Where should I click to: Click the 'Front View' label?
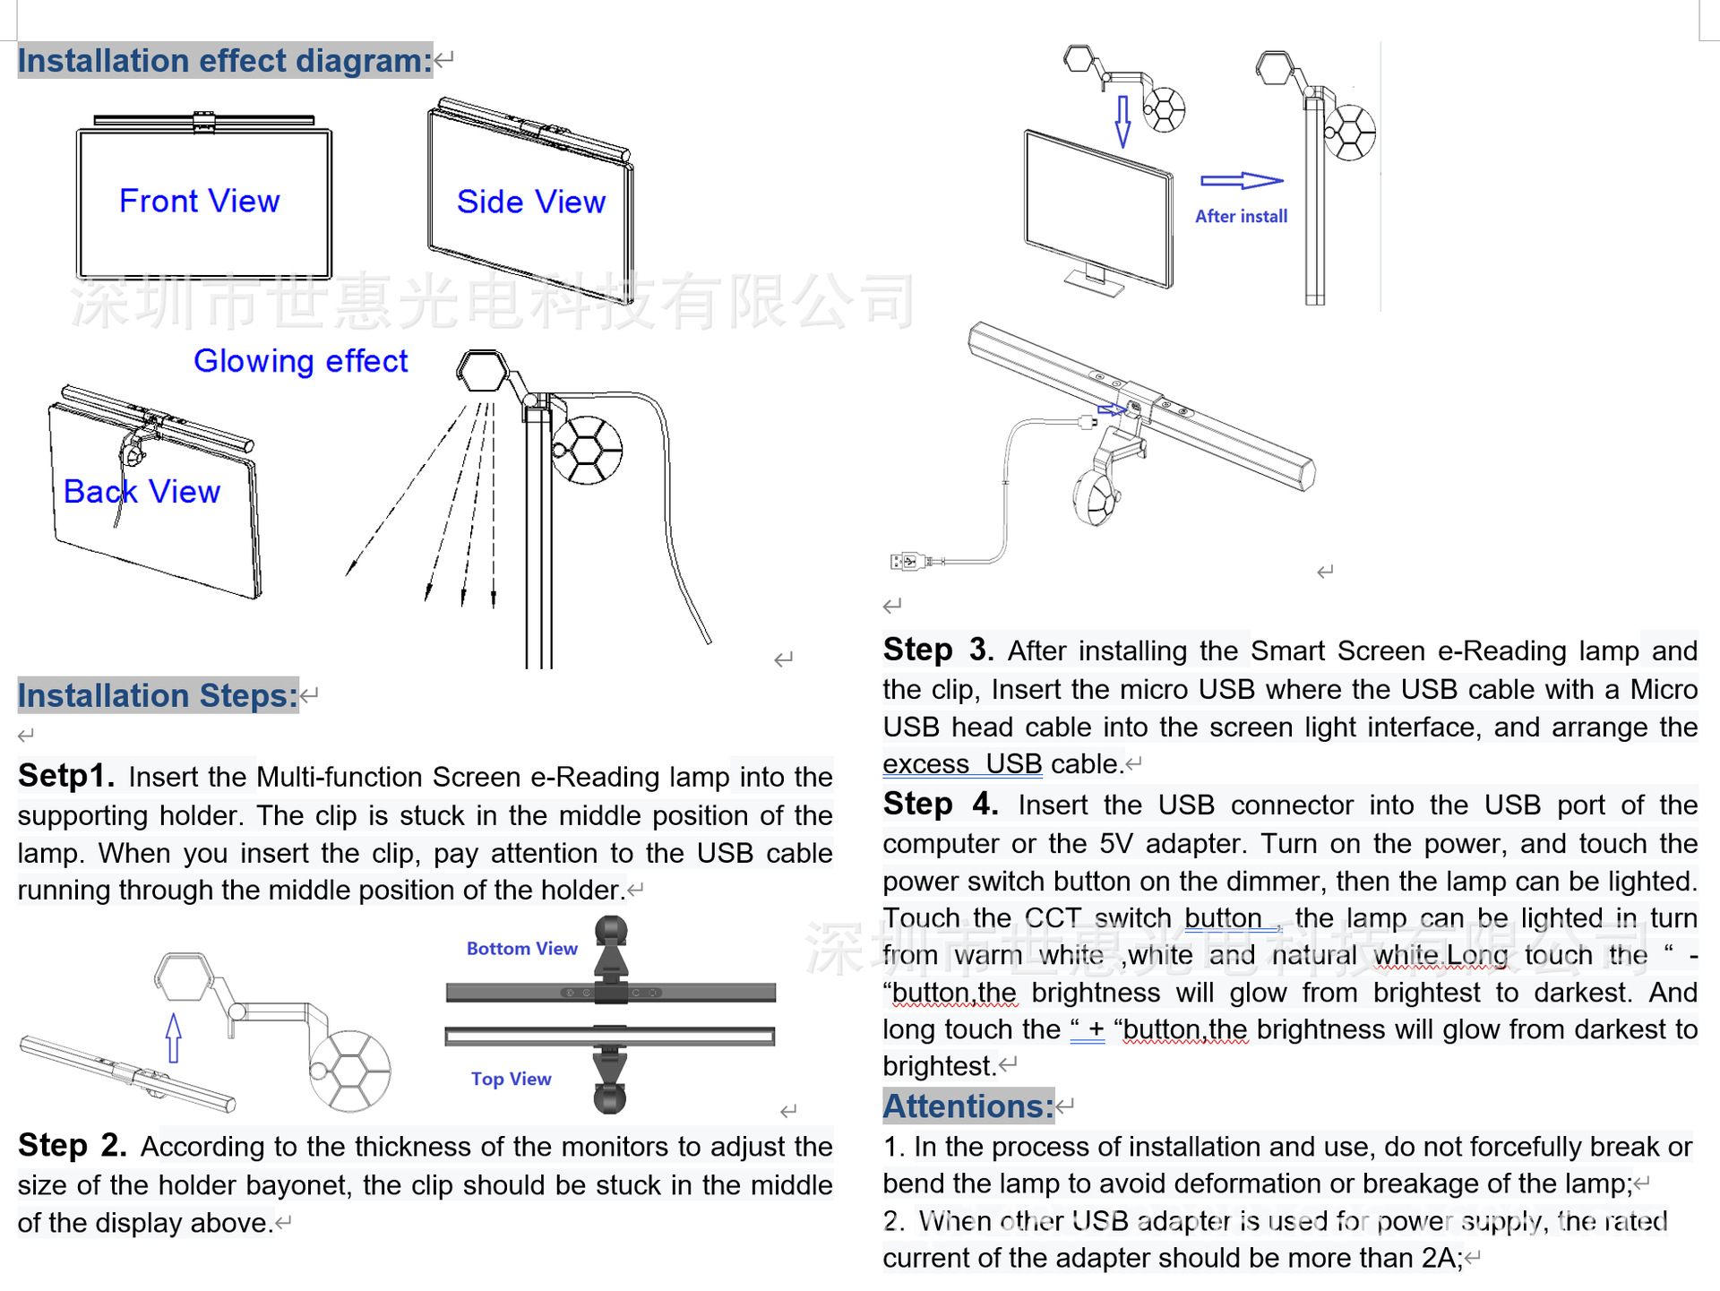coord(199,201)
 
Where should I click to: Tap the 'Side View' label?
coord(530,202)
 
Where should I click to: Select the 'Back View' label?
coord(142,491)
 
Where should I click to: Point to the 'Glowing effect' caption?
coord(300,361)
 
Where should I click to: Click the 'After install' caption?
coord(1241,216)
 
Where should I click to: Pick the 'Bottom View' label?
coord(521,949)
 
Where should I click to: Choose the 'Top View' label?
coord(511,1079)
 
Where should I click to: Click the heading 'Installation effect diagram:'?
coord(225,61)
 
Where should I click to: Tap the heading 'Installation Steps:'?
coord(158,695)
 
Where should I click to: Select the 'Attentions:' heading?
coord(968,1106)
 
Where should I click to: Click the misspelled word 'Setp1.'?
coord(66,776)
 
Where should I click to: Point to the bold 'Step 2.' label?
coord(73,1146)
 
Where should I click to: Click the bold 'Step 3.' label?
coord(938,650)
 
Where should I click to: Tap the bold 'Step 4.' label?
coord(940,804)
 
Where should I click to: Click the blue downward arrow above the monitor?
coord(1122,121)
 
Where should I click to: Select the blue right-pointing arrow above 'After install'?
coord(1242,181)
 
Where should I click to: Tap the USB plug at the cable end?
coord(907,562)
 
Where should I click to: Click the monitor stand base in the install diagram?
coord(1094,286)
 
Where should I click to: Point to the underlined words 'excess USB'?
coord(962,764)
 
